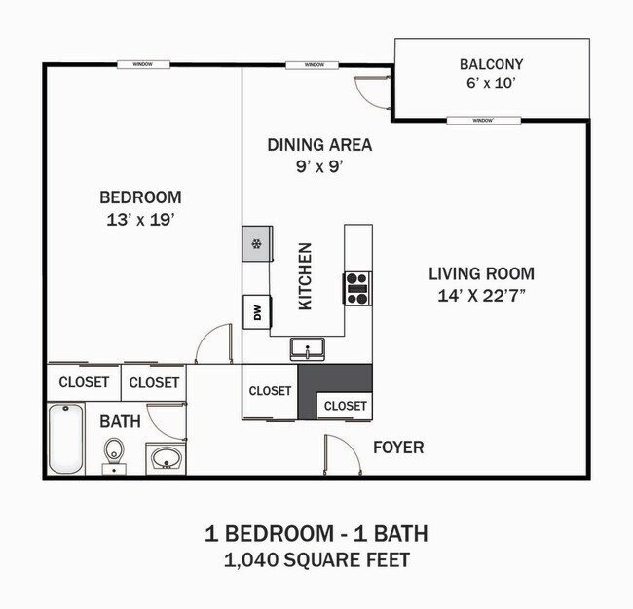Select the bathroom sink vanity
(x=165, y=457)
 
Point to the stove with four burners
(x=356, y=287)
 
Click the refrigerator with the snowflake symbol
(x=256, y=243)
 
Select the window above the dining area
(x=314, y=65)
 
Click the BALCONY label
(x=492, y=65)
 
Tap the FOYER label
(x=399, y=448)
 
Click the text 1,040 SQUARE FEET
(x=316, y=559)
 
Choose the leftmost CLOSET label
(x=84, y=382)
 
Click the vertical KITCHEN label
(x=305, y=276)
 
